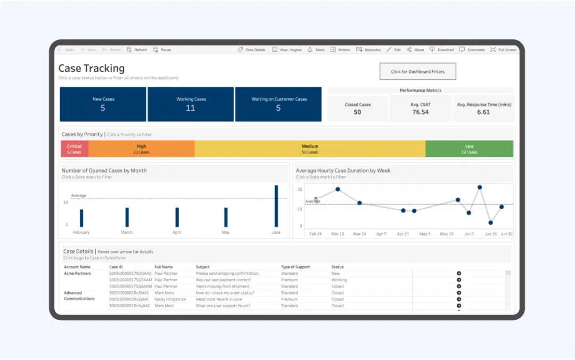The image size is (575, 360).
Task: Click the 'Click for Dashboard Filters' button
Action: point(417,71)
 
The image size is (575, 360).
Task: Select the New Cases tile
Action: point(103,104)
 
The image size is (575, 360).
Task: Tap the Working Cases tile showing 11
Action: point(191,104)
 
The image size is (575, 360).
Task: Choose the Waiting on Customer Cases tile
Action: point(278,104)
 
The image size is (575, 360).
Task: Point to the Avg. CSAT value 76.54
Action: point(420,112)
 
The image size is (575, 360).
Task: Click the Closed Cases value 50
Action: point(357,112)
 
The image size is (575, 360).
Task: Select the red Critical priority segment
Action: point(75,149)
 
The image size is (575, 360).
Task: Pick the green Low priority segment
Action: point(469,149)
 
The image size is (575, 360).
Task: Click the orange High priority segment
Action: point(141,149)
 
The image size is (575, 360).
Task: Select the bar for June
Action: point(276,207)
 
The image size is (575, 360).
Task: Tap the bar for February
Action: point(81,218)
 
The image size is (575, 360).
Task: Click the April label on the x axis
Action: point(177,233)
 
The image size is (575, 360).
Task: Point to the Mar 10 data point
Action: point(338,190)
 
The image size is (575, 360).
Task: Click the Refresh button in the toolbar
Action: point(137,50)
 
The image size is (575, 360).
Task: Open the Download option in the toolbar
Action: point(442,50)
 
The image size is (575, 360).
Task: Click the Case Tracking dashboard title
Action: point(91,68)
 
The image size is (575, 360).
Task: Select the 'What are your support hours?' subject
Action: point(223,306)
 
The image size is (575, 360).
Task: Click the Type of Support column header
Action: point(295,267)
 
